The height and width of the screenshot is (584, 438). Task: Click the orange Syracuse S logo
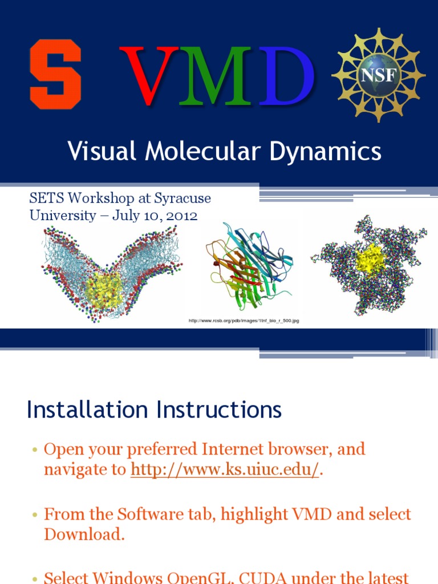tap(55, 74)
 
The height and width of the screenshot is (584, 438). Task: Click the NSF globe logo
tap(379, 75)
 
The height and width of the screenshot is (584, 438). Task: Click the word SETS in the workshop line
tap(44, 198)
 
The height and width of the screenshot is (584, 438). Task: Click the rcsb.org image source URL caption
tap(244, 321)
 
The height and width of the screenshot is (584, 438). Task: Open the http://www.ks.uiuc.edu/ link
tap(225, 470)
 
